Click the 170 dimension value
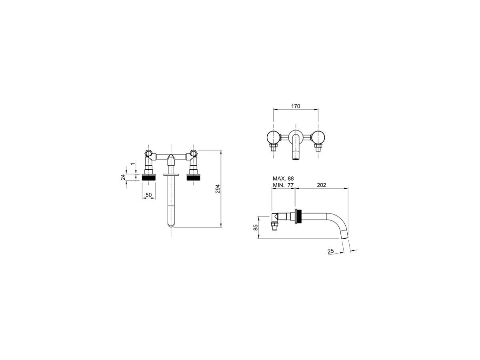click(x=296, y=106)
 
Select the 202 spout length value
click(x=321, y=185)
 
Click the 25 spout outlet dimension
click(x=330, y=251)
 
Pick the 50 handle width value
click(x=148, y=195)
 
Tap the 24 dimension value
click(x=123, y=177)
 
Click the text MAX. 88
click(x=283, y=178)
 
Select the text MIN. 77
click(x=283, y=185)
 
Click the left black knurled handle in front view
click(x=149, y=177)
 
